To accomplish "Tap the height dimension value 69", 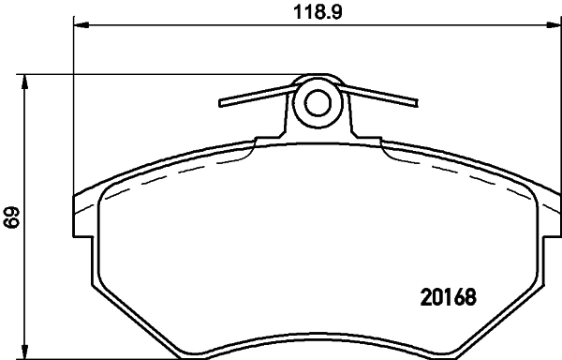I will click(12, 218).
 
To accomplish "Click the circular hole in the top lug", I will click(318, 102).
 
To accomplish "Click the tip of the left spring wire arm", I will click(221, 100).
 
